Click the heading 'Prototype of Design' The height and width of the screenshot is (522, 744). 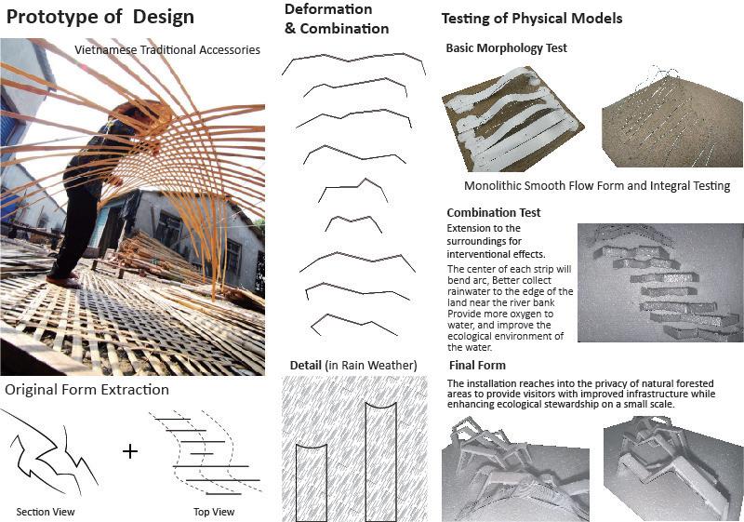pos(100,17)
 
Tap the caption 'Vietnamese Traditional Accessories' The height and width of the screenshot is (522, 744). pos(167,49)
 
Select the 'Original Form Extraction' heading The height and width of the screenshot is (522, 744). pos(86,389)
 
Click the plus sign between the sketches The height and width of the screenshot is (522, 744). pos(129,451)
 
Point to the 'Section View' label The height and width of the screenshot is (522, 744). pos(46,512)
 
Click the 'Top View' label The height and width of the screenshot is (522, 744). pos(213,512)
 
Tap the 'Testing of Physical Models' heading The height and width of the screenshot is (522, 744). pos(531,19)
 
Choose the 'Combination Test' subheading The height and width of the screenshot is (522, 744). pos(494,213)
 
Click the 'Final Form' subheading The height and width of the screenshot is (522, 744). pos(478,365)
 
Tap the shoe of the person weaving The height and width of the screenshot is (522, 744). pos(63,279)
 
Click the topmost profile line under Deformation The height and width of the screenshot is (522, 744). pos(353,59)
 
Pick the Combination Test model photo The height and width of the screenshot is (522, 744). pos(658,283)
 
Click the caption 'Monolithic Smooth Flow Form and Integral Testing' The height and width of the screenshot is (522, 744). pos(596,185)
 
